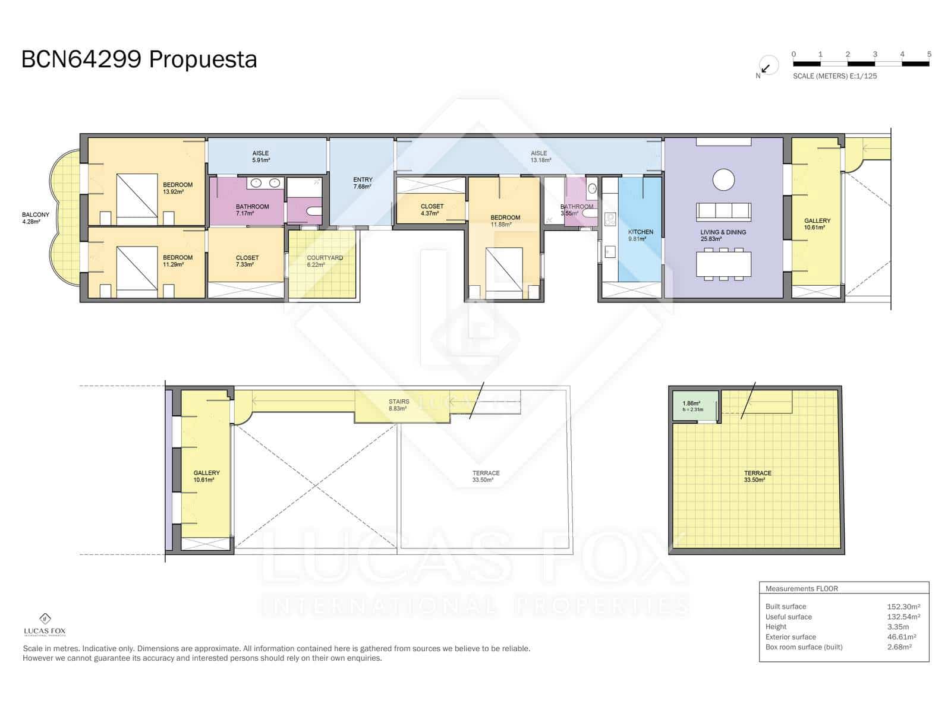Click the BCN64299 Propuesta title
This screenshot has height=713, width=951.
pos(139,59)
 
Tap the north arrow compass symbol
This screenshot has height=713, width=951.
pos(767,67)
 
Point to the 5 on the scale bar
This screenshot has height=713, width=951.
pos(929,54)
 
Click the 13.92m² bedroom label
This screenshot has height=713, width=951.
pos(178,188)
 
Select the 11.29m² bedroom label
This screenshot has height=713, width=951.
pos(178,261)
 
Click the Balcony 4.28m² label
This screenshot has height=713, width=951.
pos(36,218)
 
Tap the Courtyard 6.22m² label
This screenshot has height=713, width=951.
pos(325,261)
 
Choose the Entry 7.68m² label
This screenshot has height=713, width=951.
pos(363,183)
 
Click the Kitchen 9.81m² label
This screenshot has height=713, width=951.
pos(640,235)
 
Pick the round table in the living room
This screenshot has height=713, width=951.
pos(723,179)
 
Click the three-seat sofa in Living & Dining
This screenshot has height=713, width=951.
pos(723,212)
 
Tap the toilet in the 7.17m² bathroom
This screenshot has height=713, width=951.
pos(313,211)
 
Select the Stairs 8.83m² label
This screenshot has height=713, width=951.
pos(398,405)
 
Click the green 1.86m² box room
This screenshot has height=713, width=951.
pos(694,406)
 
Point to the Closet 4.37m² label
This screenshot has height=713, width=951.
pos(432,210)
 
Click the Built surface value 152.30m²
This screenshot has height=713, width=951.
pos(903,607)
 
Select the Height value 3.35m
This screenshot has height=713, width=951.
pos(898,627)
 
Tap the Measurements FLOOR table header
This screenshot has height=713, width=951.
pos(801,589)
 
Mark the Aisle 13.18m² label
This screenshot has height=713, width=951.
pos(539,156)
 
